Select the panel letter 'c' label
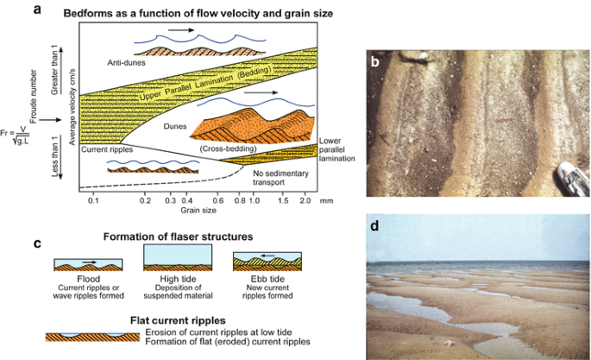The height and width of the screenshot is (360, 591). point(61,243)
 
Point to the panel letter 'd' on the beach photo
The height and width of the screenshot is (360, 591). point(375,228)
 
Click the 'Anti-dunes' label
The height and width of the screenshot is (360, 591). point(127,63)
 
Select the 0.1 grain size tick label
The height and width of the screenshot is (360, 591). point(94,200)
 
